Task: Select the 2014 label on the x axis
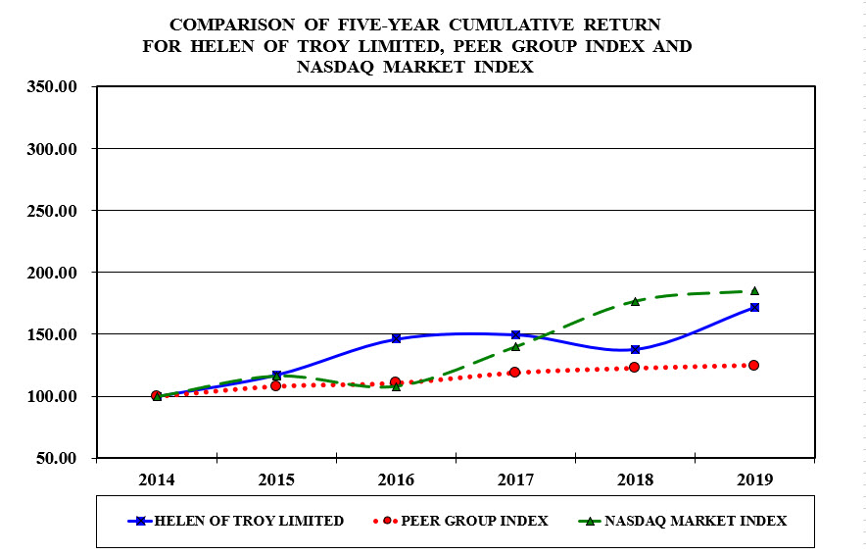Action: click(157, 479)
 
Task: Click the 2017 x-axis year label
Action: click(515, 479)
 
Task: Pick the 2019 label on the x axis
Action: click(753, 479)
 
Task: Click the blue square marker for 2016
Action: click(396, 338)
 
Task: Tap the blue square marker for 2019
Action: click(754, 307)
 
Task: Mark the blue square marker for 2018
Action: click(635, 349)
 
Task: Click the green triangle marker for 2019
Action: click(754, 290)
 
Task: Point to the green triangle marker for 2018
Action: click(635, 301)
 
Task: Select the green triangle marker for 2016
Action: click(396, 386)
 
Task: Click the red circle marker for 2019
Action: click(754, 365)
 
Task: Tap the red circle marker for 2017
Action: click(515, 372)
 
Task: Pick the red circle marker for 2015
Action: click(276, 385)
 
